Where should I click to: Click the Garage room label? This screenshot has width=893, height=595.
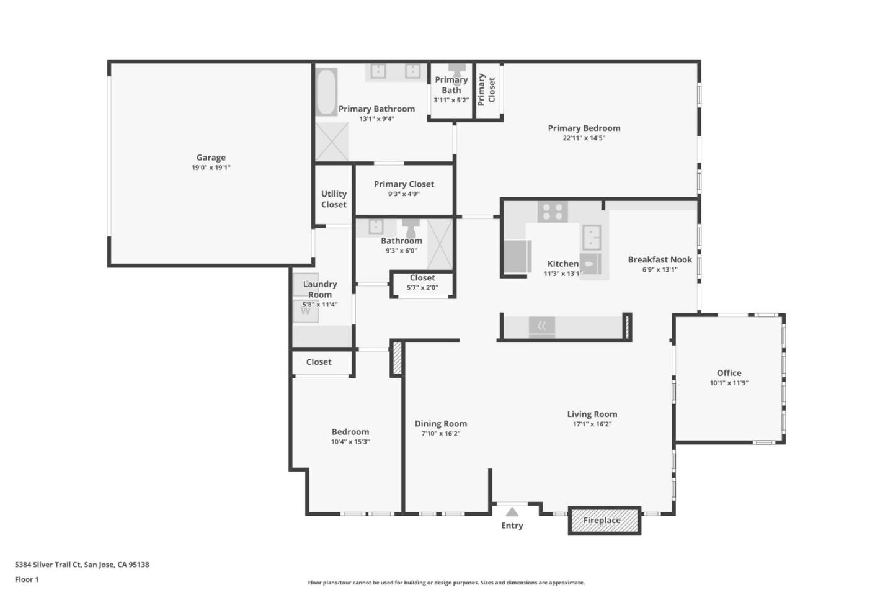click(211, 158)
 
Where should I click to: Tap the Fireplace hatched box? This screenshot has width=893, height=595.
click(604, 521)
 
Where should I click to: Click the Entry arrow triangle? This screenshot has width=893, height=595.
click(512, 512)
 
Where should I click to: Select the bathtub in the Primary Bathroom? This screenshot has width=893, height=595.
click(326, 92)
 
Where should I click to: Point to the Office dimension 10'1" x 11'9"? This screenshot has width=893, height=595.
click(729, 383)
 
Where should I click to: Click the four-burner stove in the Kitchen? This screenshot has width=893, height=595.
click(552, 212)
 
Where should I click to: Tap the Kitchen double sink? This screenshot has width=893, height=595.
click(591, 237)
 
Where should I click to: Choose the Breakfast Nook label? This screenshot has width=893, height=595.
click(659, 259)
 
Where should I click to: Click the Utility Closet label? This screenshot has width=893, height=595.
click(334, 199)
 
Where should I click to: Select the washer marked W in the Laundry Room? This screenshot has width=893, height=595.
click(305, 310)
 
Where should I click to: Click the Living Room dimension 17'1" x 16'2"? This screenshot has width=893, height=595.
click(592, 424)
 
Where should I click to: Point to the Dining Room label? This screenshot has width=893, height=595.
click(440, 424)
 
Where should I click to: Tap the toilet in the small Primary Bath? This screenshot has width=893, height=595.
click(457, 69)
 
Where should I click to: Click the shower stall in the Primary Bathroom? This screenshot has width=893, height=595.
click(332, 141)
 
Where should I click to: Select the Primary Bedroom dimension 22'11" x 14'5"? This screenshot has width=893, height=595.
click(584, 138)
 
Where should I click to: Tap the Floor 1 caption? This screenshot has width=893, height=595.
click(27, 579)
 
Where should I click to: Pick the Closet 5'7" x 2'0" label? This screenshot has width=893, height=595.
click(422, 278)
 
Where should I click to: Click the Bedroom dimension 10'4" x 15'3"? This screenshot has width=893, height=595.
click(350, 442)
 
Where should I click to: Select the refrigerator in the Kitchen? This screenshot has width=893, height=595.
click(517, 256)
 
